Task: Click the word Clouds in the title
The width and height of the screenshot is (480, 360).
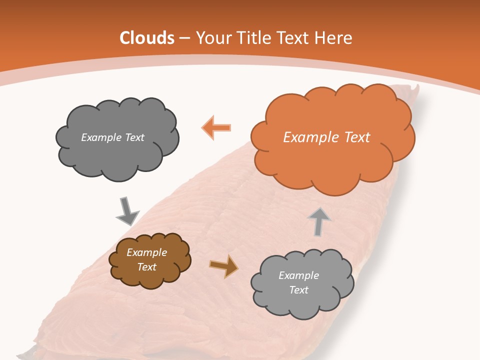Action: (147, 38)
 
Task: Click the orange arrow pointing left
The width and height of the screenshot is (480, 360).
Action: (216, 127)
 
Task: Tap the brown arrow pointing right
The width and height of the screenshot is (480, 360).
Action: (224, 265)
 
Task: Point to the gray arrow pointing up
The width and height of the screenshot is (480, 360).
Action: (319, 221)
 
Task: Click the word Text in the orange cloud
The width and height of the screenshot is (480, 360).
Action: (356, 137)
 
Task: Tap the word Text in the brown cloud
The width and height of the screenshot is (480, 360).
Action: (147, 267)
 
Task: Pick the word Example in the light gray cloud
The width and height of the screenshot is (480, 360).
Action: (298, 275)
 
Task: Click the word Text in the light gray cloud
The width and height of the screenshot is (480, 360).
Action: (299, 290)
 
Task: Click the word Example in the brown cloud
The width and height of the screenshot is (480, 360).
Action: (147, 252)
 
